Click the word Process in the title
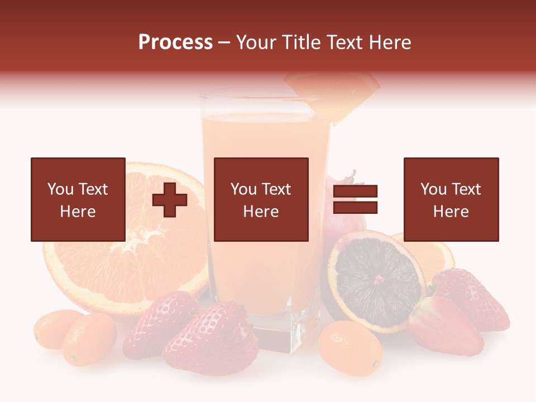tap(175, 42)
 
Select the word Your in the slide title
tap(256, 42)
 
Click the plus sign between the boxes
tap(170, 200)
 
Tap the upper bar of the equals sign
tap(355, 192)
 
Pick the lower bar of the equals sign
tap(355, 208)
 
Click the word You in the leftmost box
tap(60, 189)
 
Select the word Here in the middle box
tap(261, 212)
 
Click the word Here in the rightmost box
tap(451, 212)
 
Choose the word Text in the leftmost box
tap(93, 189)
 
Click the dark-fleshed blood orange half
tap(375, 279)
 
